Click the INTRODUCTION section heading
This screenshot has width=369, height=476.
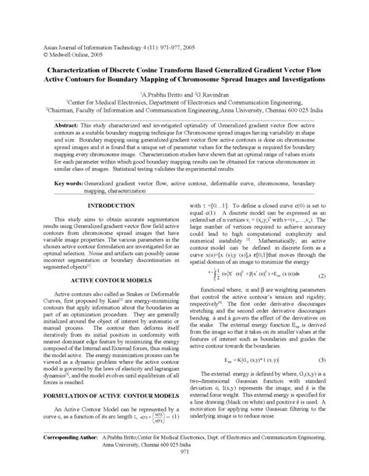tap(111, 205)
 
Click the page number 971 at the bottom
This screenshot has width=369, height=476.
tap(184, 469)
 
